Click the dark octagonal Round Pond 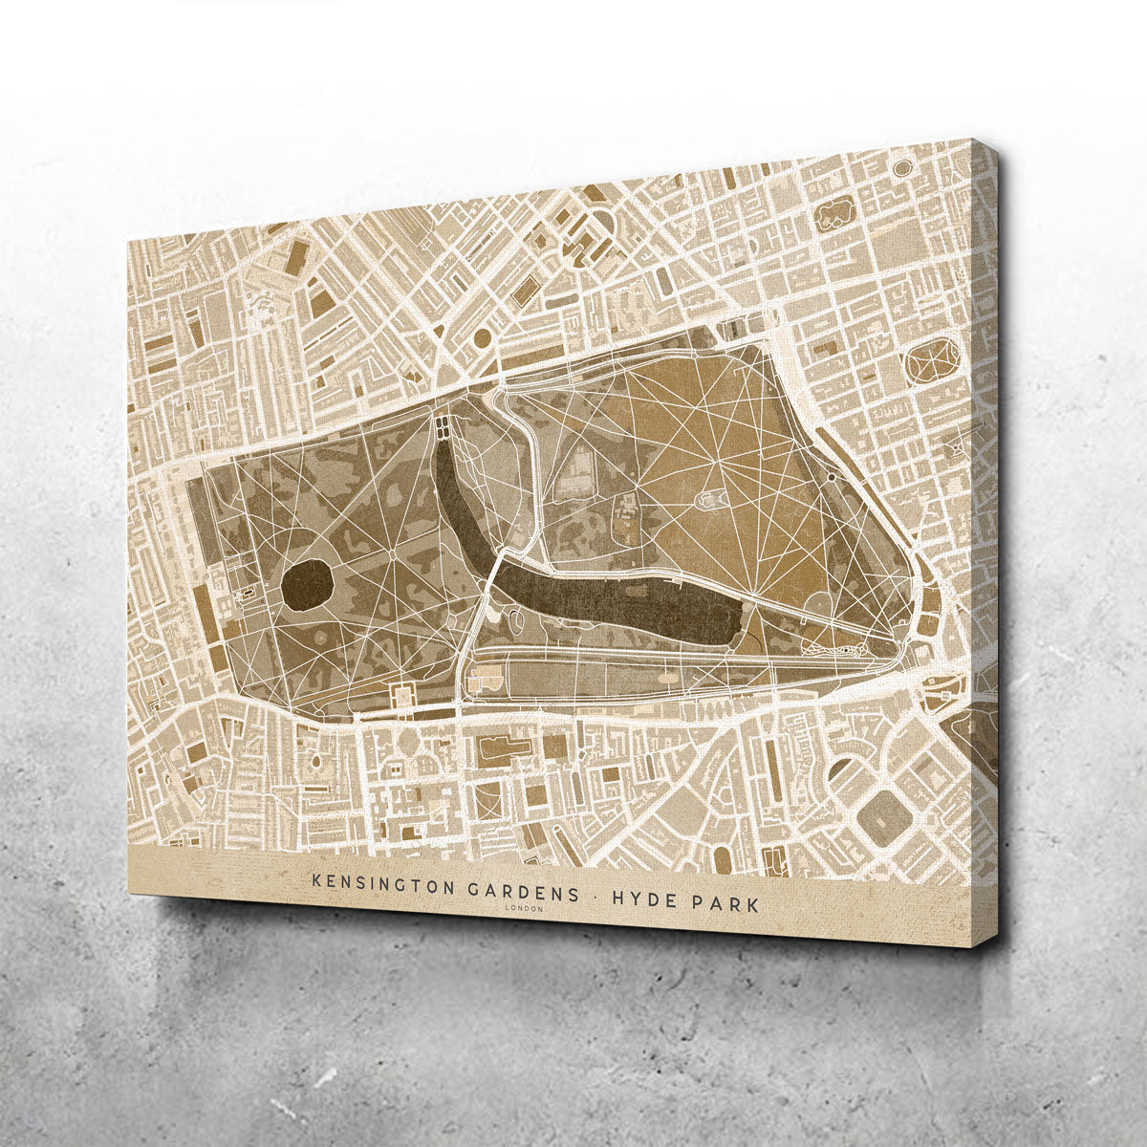pyautogui.click(x=307, y=584)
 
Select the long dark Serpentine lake pyautogui.click(x=621, y=603)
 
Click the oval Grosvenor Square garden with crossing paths pyautogui.click(x=931, y=361)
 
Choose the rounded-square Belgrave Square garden pyautogui.click(x=880, y=815)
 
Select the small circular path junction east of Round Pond pyautogui.click(x=393, y=551)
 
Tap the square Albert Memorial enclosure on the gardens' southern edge pyautogui.click(x=400, y=695)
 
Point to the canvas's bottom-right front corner pyautogui.click(x=971, y=946)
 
